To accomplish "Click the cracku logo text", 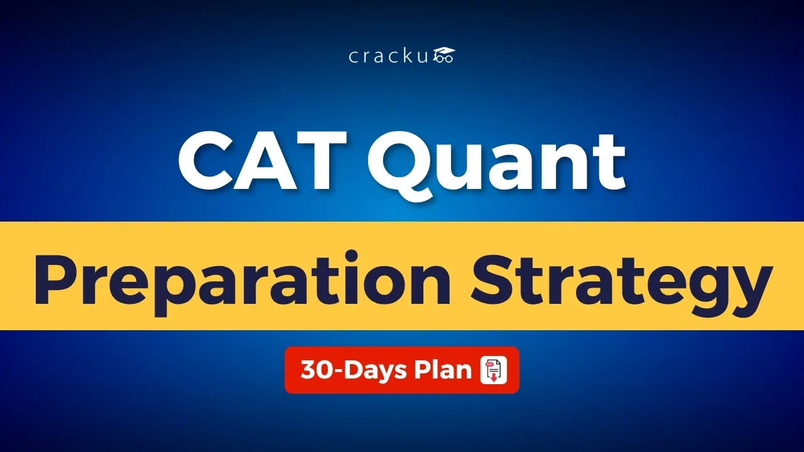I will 389,56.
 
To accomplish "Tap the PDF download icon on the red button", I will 493,370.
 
